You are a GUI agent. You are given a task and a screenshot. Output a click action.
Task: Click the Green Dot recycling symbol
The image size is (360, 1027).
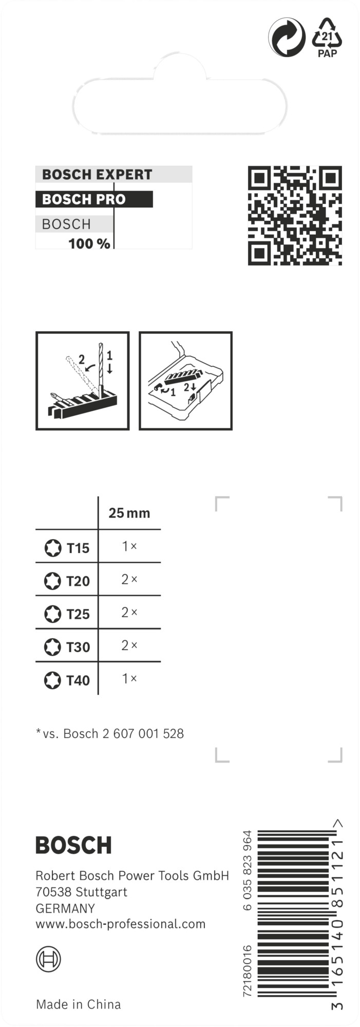(287, 38)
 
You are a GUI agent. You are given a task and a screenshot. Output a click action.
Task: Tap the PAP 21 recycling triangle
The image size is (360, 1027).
(327, 38)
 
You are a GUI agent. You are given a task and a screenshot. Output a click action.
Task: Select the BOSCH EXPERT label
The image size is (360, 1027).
(97, 175)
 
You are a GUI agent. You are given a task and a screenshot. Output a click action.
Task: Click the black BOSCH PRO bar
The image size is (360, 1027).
(94, 199)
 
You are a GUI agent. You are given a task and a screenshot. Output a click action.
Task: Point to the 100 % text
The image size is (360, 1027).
(89, 243)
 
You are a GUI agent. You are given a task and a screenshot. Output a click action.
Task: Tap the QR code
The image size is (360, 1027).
(295, 216)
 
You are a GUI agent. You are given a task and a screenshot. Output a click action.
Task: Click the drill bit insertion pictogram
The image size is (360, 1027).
(83, 381)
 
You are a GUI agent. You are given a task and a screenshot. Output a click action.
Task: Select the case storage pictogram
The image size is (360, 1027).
(186, 381)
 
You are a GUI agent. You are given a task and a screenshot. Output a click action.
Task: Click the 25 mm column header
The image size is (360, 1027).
(129, 513)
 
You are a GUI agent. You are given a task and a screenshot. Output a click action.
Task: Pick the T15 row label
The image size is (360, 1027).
(78, 548)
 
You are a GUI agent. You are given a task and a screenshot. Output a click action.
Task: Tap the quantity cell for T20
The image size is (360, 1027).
(129, 580)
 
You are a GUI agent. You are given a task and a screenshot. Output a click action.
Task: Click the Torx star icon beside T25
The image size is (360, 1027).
(52, 614)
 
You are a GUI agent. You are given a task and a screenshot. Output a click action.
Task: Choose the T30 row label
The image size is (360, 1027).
(78, 648)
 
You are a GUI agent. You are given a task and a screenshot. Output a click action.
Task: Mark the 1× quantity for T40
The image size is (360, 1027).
(129, 679)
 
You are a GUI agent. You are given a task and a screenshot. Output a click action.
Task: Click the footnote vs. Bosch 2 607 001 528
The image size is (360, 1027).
(110, 734)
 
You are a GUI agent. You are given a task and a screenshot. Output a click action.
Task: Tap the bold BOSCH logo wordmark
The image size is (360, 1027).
(73, 845)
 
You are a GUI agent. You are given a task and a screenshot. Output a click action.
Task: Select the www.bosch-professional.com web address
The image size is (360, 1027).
(121, 924)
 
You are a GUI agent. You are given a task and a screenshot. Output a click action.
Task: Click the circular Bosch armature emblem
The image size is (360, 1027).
(48, 959)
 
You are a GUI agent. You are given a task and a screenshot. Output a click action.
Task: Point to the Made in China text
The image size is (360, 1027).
(79, 1004)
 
